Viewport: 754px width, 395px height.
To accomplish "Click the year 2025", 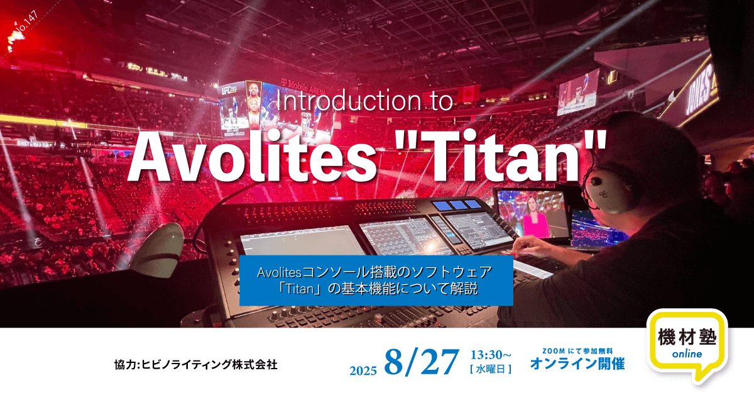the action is pos(363,370).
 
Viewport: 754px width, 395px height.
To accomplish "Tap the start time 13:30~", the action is pos(491,355).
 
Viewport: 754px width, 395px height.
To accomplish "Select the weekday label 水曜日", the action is pos(491,369).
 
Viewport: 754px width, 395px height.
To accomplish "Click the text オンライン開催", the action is pos(577,364).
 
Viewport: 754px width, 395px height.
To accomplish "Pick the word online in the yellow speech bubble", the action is pos(687,354).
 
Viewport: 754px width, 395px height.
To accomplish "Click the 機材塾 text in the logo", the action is pos(687,337).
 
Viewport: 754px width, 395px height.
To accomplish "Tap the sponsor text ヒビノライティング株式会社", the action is pos(209,364).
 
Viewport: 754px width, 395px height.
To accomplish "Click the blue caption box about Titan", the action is pos(376,281).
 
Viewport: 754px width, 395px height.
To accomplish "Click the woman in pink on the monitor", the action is pos(536,221).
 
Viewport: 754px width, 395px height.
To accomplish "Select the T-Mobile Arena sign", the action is pos(303,86).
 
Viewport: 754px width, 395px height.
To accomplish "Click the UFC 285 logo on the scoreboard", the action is pos(229,90).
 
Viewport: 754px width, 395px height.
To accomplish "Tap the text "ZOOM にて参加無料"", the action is pos(577,351).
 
